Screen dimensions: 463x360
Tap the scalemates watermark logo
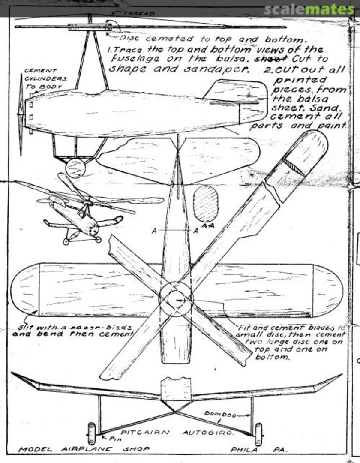coord(309,9)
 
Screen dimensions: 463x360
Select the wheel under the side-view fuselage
coord(75,168)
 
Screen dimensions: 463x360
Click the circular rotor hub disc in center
coord(176,299)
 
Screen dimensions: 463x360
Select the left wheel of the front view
coord(91,433)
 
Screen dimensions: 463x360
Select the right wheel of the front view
coord(258,434)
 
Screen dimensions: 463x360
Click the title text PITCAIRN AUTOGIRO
coord(177,433)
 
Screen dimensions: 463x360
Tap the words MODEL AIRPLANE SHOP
coord(84,449)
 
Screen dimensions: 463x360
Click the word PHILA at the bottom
coord(243,450)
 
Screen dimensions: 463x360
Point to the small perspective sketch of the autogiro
coord(84,210)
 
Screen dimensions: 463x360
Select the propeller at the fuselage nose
coord(21,114)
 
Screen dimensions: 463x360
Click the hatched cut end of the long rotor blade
coord(294,167)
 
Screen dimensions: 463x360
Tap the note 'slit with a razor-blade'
coord(73,327)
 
